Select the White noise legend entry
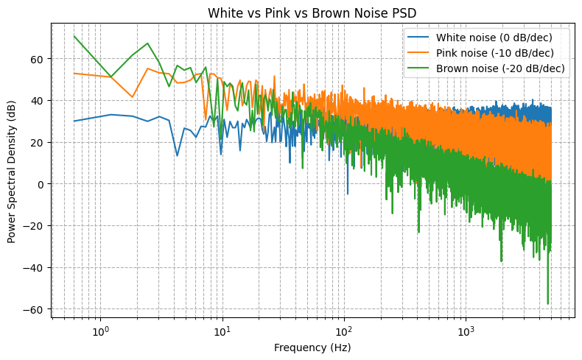click(x=494, y=38)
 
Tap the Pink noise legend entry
click(x=494, y=53)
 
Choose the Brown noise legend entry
click(x=500, y=68)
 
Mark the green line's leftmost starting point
click(x=74, y=36)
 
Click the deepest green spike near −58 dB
click(x=548, y=304)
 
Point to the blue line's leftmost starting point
click(x=74, y=121)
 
